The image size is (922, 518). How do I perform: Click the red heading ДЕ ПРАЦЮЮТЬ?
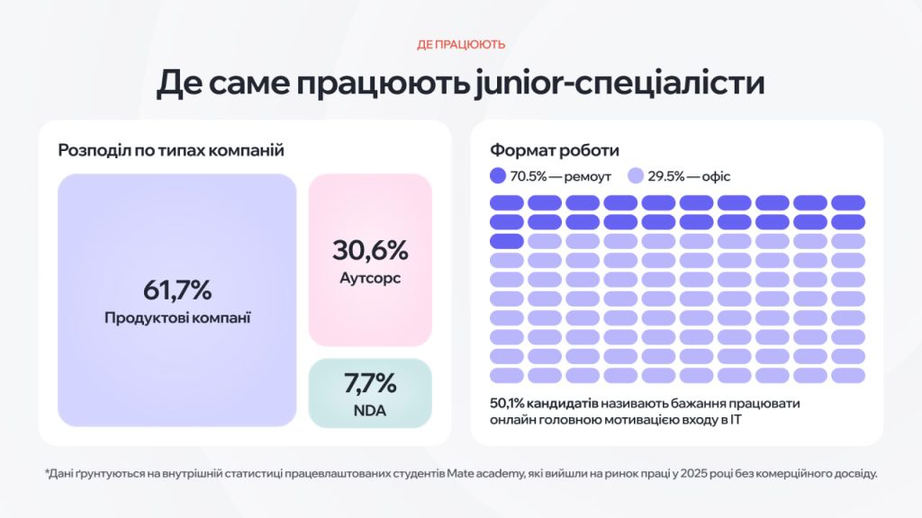[461, 44]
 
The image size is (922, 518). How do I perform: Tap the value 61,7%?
[177, 290]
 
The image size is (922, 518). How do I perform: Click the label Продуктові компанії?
[177, 317]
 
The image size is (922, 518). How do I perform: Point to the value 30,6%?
[370, 249]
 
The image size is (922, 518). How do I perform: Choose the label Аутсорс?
[370, 278]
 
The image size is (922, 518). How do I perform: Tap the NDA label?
[370, 410]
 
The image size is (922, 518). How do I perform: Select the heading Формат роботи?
[555, 150]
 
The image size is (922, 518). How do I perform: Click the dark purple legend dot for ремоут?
[499, 176]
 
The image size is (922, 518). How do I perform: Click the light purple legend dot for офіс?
[636, 176]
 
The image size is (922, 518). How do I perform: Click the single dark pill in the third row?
[507, 241]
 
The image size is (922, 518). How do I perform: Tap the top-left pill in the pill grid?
[507, 202]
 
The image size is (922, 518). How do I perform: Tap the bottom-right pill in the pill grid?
[848, 375]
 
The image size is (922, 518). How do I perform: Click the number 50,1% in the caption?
[508, 404]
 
